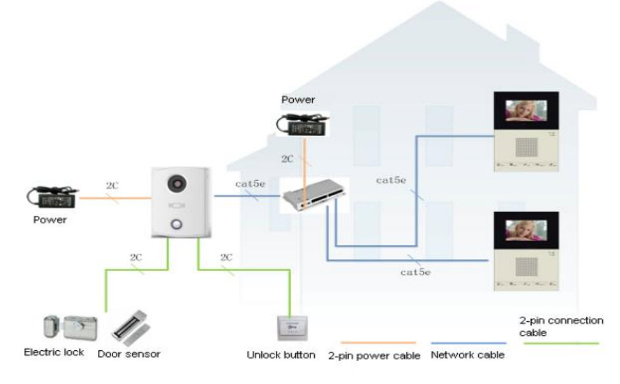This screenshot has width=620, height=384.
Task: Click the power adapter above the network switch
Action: click(301, 122)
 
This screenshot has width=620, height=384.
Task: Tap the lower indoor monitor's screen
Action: click(527, 231)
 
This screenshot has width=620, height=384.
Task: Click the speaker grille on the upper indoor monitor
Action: click(527, 147)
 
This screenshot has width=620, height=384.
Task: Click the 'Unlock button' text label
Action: click(281, 355)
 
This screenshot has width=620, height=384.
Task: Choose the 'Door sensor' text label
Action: click(129, 354)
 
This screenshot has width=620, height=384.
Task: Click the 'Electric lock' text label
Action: click(54, 352)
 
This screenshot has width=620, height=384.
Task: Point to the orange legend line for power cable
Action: click(378, 343)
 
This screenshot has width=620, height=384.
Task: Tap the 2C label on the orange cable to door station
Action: click(113, 187)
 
